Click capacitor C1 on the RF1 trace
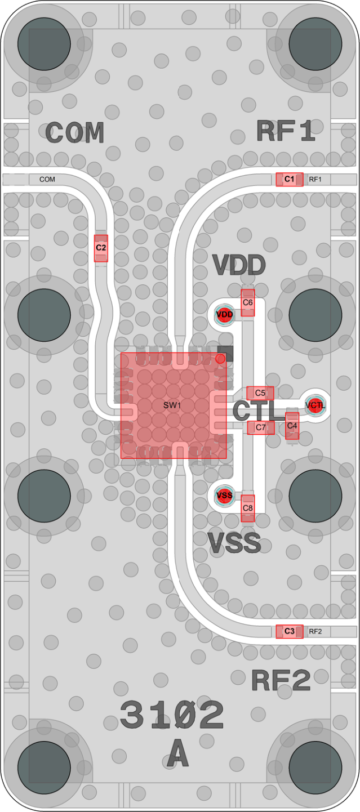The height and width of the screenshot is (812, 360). click(x=290, y=180)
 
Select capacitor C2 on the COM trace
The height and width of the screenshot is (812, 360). click(x=101, y=248)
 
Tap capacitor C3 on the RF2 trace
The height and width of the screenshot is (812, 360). click(x=290, y=631)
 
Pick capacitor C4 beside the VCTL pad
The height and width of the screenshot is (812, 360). click(x=292, y=426)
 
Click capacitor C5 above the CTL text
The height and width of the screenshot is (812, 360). click(x=260, y=393)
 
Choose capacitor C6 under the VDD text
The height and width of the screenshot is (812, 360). click(x=248, y=302)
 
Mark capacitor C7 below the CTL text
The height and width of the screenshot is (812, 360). click(x=261, y=427)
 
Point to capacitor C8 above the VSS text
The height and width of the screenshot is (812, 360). click(x=248, y=508)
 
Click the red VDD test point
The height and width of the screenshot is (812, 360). click(x=224, y=314)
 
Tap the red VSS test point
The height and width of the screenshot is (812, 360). click(x=224, y=495)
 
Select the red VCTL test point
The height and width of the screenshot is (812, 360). click(x=315, y=405)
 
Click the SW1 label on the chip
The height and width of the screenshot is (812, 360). click(x=172, y=405)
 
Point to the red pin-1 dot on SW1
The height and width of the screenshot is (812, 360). click(x=220, y=359)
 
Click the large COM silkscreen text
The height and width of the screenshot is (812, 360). click(x=75, y=132)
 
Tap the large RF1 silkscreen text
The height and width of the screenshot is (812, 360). click(x=285, y=131)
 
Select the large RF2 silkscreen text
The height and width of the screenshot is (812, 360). click(x=281, y=680)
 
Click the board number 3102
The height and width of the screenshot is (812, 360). click(x=171, y=715)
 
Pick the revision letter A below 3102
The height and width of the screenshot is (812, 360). click(x=178, y=754)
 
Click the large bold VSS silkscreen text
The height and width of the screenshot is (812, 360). click(x=234, y=543)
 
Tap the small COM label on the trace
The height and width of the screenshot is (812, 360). click(x=47, y=180)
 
